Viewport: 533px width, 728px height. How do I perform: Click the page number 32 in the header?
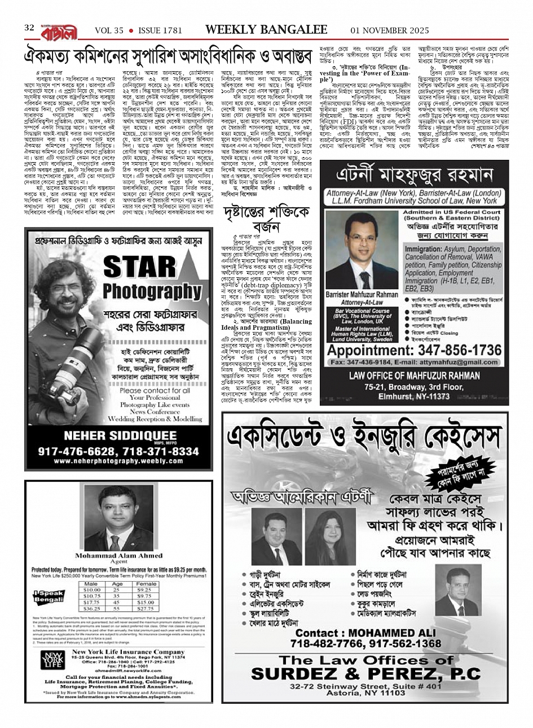(x=30, y=28)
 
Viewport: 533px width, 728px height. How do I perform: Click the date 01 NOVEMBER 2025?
(x=390, y=30)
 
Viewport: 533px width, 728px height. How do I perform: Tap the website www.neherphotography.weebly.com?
(x=118, y=461)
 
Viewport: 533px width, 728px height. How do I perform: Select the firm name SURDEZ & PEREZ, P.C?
(x=365, y=673)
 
